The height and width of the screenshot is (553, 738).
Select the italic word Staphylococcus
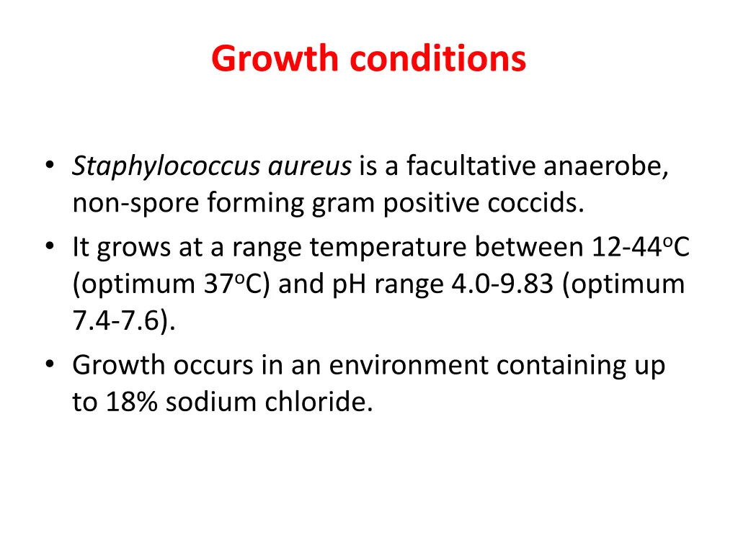point(166,167)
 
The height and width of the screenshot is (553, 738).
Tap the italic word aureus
point(310,167)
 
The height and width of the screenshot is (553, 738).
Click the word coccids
point(535,204)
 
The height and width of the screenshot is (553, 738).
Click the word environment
point(409,366)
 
